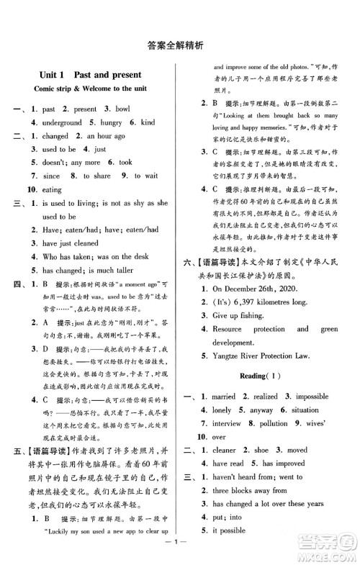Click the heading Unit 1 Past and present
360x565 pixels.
tap(91, 75)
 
